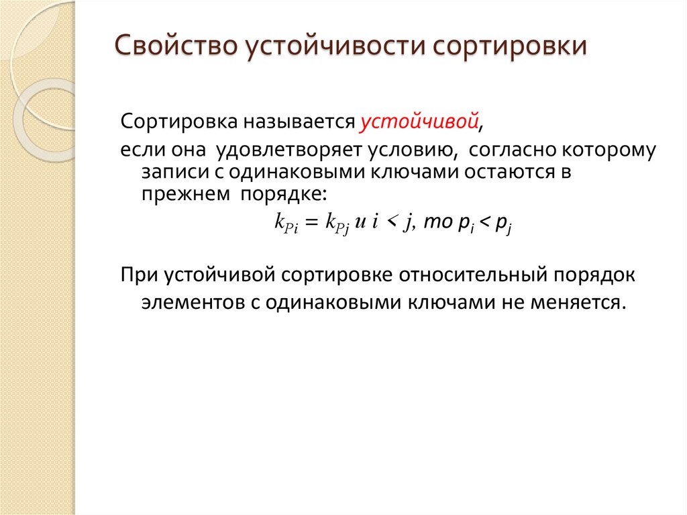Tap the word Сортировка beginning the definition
(170, 123)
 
